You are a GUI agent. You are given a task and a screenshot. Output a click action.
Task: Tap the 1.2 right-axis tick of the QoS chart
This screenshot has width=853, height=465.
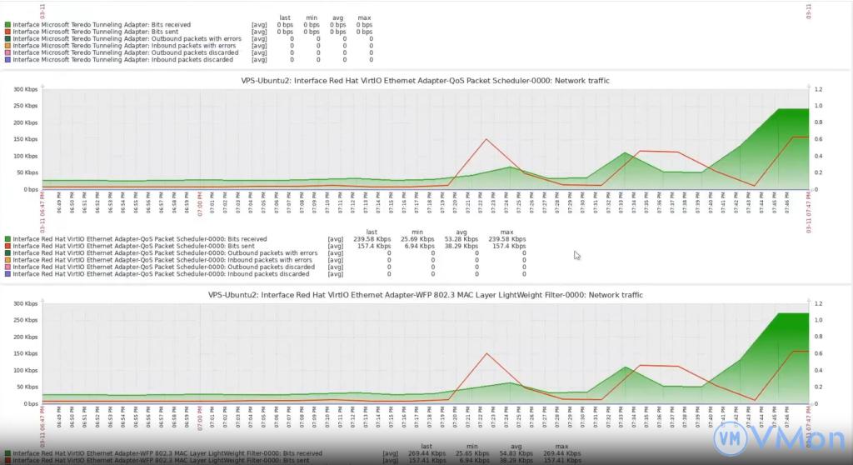point(818,89)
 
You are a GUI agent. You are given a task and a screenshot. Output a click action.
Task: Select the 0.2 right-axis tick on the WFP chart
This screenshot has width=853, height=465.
point(818,387)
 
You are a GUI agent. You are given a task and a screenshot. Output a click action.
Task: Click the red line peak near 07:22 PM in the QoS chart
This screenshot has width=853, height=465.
point(486,139)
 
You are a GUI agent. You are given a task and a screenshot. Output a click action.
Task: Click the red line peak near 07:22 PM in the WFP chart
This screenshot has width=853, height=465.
point(486,353)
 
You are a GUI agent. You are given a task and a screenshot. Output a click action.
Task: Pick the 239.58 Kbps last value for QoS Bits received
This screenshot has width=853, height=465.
point(372,239)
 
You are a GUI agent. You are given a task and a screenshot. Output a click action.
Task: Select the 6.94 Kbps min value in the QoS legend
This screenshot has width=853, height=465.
point(418,247)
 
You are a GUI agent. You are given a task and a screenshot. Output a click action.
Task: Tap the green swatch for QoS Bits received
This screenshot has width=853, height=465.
point(7,239)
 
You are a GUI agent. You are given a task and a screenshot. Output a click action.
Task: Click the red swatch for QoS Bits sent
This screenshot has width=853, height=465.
point(7,247)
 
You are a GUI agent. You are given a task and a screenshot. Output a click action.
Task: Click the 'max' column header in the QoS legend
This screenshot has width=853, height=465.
point(506,231)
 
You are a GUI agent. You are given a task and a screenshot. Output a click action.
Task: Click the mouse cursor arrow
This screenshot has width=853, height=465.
point(576,255)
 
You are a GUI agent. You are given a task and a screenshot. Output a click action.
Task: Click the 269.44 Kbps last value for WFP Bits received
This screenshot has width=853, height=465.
point(426,453)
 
